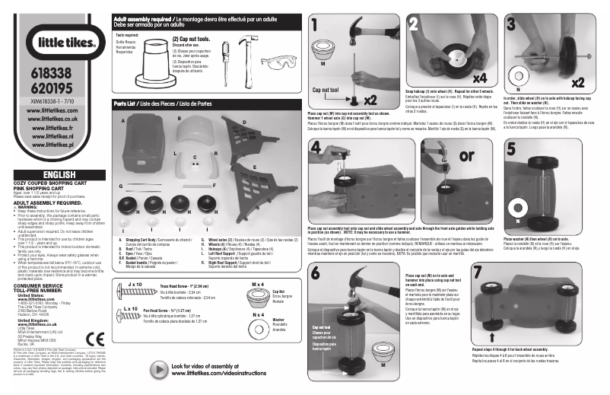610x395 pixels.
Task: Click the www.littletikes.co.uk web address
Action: pyautogui.click(x=52, y=119)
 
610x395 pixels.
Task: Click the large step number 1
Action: pyautogui.click(x=315, y=26)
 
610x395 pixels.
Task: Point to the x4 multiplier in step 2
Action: pyautogui.click(x=458, y=77)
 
